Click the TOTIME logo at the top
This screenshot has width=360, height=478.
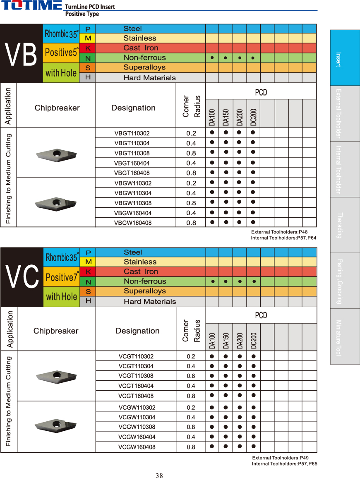pos(31,6)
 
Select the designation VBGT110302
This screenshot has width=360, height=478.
pos(132,133)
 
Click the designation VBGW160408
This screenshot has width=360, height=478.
pos(132,223)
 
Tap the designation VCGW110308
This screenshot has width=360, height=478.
pos(137,427)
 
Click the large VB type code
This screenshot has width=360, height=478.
pos(21,54)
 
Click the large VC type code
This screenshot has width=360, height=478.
pos(22,277)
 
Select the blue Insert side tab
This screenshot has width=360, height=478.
pos(345,58)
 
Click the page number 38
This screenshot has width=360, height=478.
pos(159,476)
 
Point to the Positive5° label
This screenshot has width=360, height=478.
pos(61,53)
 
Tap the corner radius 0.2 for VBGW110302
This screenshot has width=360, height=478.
pos(191,183)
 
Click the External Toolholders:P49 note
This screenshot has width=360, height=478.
pos(281,458)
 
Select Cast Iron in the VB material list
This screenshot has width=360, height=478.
pos(141,48)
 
